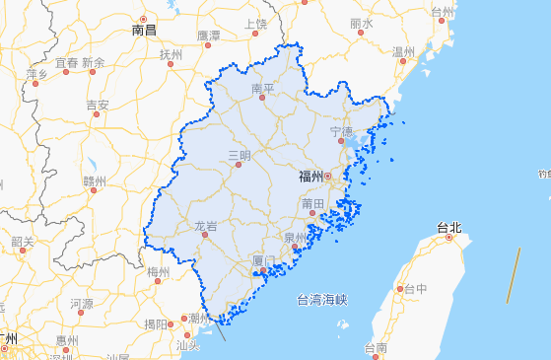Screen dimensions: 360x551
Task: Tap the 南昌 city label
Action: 144,31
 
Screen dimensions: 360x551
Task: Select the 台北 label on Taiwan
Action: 449,227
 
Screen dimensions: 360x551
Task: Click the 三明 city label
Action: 239,155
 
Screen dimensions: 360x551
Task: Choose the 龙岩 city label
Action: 205,226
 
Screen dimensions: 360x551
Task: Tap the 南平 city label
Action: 263,89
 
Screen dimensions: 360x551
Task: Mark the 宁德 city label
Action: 341,131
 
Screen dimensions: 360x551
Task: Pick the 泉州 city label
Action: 295,238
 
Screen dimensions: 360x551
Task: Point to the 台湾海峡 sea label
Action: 322,299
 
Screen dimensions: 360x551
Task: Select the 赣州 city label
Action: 95,180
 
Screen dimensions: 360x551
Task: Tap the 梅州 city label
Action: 158,271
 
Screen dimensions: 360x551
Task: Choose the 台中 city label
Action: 415,289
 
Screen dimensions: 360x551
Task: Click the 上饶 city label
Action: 255,24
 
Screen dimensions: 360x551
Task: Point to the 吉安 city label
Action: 97,105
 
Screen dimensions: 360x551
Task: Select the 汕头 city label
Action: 187,345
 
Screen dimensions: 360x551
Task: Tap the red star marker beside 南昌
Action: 144,19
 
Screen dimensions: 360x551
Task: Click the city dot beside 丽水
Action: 362,35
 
